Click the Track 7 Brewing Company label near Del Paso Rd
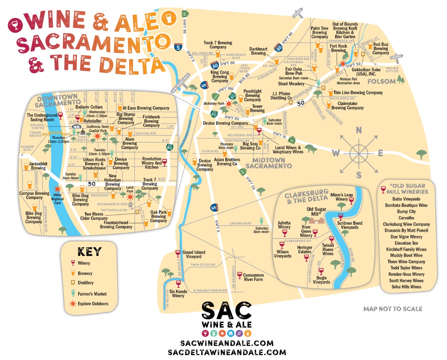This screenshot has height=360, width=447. (218, 45)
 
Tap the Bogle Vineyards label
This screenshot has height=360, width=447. (321, 280)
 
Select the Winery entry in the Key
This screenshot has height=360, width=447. (84, 263)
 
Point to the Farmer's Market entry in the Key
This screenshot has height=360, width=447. (92, 294)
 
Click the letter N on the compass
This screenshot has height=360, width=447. (359, 130)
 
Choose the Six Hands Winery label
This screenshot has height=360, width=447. (178, 293)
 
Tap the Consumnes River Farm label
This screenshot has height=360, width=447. (254, 277)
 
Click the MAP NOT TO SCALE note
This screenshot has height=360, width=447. (393, 309)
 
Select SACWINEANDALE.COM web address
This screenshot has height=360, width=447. (227, 343)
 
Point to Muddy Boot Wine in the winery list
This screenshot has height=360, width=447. (406, 255)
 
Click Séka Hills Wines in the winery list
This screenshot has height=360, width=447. (406, 287)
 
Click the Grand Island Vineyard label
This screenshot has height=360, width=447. (194, 254)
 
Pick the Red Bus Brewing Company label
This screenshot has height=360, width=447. (380, 48)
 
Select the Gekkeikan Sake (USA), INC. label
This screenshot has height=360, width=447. (366, 72)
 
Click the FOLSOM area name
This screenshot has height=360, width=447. (381, 82)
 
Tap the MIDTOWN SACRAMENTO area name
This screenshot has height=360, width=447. (269, 163)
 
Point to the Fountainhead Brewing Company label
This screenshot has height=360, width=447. (116, 225)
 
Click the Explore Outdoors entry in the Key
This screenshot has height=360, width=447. (93, 303)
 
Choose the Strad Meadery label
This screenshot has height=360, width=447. (291, 84)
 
